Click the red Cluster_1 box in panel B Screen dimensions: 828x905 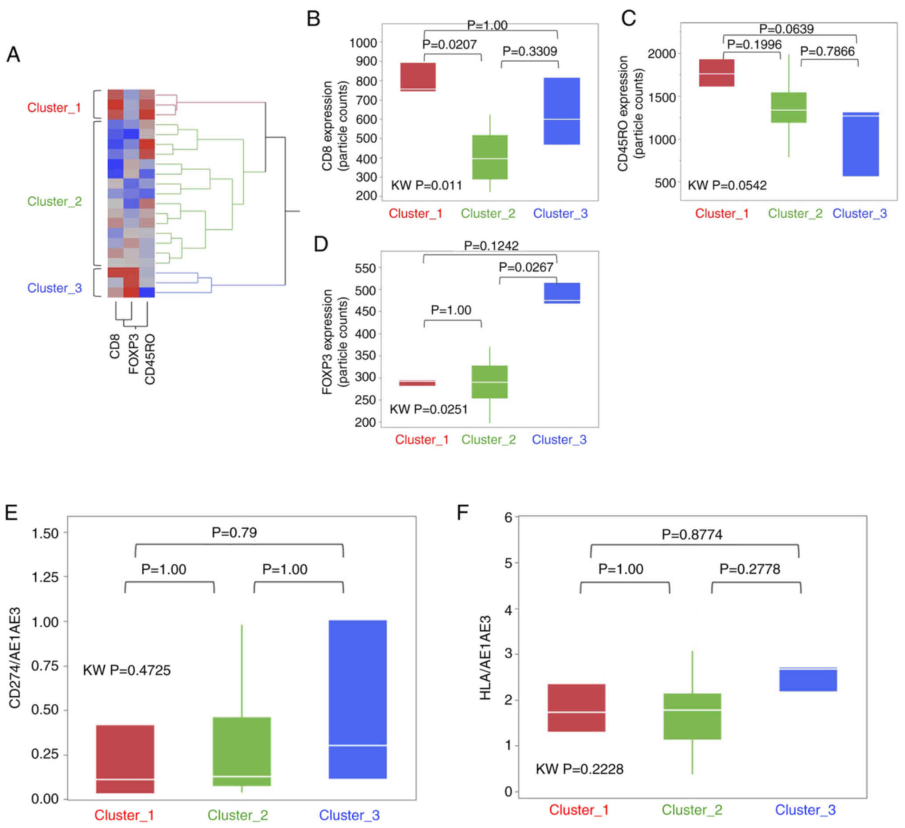click(x=418, y=77)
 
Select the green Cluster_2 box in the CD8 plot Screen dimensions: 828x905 click(x=490, y=157)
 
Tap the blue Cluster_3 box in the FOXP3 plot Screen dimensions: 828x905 click(x=562, y=293)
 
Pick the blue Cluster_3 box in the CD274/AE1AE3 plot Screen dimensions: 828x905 click(x=358, y=700)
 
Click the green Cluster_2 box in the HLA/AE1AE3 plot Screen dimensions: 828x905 click(x=692, y=717)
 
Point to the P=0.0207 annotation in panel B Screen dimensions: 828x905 click(x=449, y=45)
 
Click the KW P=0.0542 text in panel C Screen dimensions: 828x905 click(x=727, y=185)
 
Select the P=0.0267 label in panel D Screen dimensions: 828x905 click(x=526, y=268)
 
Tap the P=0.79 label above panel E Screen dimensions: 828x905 click(x=234, y=533)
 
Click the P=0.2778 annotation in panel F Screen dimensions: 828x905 click(x=749, y=569)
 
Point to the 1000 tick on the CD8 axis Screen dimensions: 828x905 click(x=363, y=43)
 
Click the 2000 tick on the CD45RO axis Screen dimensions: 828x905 click(x=661, y=54)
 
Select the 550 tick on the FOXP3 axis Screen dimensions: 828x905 click(x=365, y=269)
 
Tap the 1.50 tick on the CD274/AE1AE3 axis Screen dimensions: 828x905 click(x=45, y=534)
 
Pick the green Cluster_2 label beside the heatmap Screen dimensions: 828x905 click(x=54, y=201)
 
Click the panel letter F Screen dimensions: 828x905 click(x=463, y=512)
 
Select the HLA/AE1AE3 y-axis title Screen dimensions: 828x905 click(x=485, y=657)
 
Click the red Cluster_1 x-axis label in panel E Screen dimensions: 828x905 click(x=124, y=815)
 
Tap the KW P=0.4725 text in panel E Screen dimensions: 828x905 click(x=127, y=670)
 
